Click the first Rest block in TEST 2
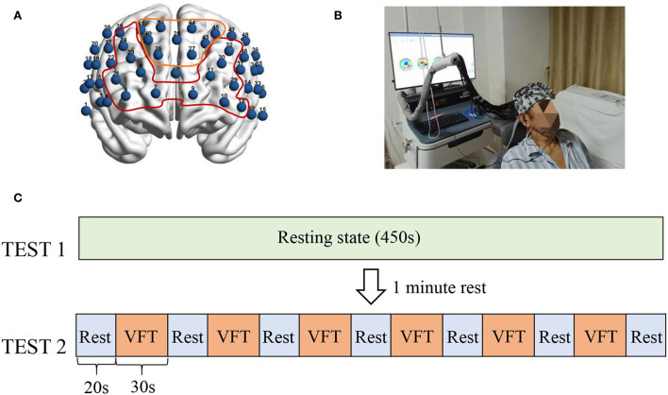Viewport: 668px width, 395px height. (94, 336)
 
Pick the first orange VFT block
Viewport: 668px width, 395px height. (141, 336)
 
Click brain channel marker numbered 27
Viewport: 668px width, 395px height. (192, 53)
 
